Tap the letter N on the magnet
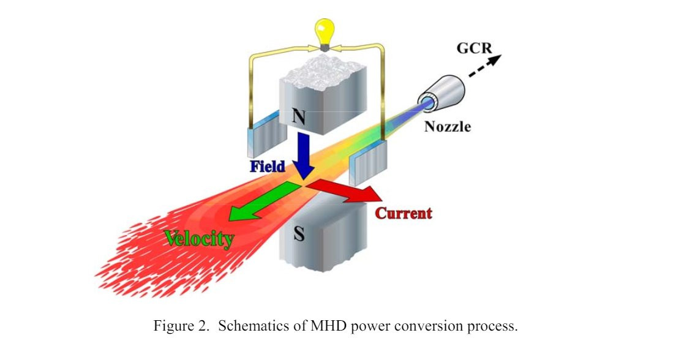point(298,116)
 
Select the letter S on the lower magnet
point(299,233)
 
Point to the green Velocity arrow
point(263,201)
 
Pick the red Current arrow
point(345,191)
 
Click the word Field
point(268,166)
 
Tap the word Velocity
point(199,238)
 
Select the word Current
point(403,213)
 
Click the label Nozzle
point(448,126)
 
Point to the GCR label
point(474,47)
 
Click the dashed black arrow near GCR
point(485,66)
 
